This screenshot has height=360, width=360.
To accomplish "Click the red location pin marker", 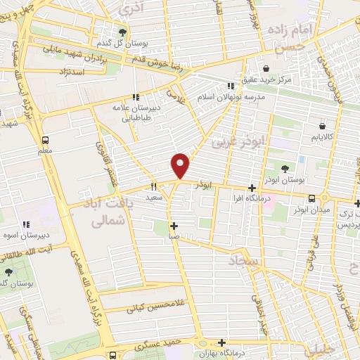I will click(x=181, y=165).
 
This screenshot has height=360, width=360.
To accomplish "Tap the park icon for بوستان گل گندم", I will click(x=123, y=32).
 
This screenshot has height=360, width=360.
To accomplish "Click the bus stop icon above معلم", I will click(x=46, y=139).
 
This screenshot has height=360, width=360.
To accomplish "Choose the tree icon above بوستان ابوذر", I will click(x=285, y=169).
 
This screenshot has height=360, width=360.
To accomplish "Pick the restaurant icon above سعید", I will click(x=153, y=188).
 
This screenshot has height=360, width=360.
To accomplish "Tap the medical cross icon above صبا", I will click(x=174, y=226).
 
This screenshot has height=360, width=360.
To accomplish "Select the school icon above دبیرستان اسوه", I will click(x=26, y=224).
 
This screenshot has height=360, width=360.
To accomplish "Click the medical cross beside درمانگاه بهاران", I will click(x=222, y=343).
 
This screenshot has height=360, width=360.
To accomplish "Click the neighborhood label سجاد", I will click(x=243, y=261).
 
